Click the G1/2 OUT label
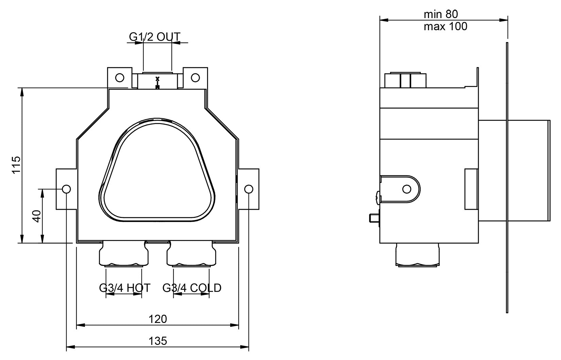click(154, 36)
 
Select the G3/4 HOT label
click(124, 288)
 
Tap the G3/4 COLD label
click(192, 288)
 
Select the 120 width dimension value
click(158, 319)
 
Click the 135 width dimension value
click(158, 341)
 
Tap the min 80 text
click(441, 14)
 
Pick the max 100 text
click(445, 27)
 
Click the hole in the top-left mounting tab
click(120, 78)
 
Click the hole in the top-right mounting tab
click(195, 78)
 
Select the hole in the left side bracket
click(66, 189)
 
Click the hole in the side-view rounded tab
click(407, 189)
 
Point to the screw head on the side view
click(378, 198)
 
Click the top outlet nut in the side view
click(405, 80)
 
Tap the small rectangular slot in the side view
click(471, 189)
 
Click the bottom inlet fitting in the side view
click(419, 255)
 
